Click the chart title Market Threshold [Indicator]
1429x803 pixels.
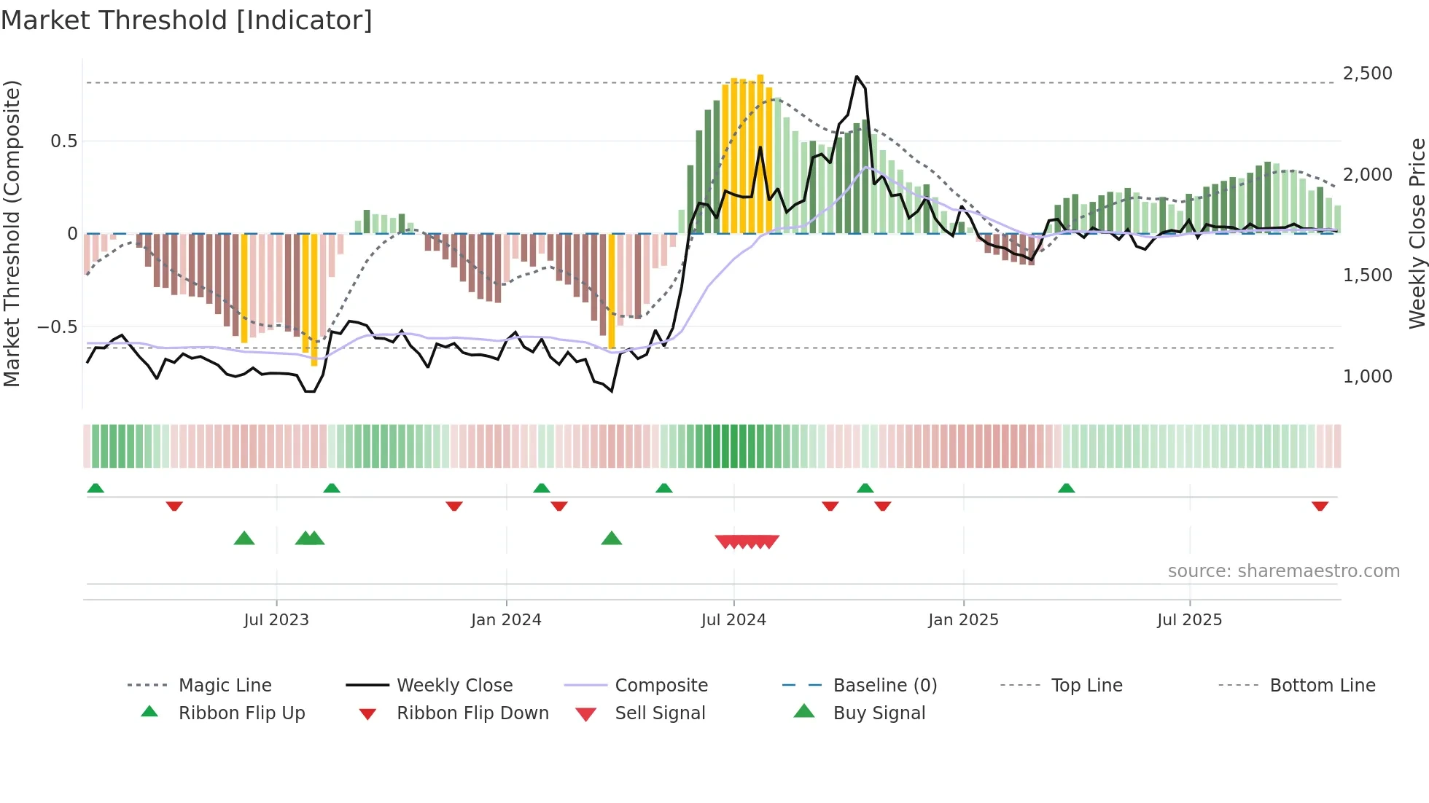tap(187, 20)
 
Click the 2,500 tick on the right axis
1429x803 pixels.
tap(1367, 74)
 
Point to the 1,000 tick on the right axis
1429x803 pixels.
tap(1367, 377)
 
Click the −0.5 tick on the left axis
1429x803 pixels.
tap(58, 327)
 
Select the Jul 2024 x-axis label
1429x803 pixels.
tap(733, 620)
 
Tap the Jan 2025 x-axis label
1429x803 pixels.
tap(963, 620)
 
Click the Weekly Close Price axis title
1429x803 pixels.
tap(1417, 233)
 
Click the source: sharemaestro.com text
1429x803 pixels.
tap(1283, 571)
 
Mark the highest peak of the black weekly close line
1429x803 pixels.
tap(857, 77)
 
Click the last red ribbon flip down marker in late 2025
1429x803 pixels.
tap(1320, 506)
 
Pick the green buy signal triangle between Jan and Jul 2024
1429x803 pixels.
tap(612, 538)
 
